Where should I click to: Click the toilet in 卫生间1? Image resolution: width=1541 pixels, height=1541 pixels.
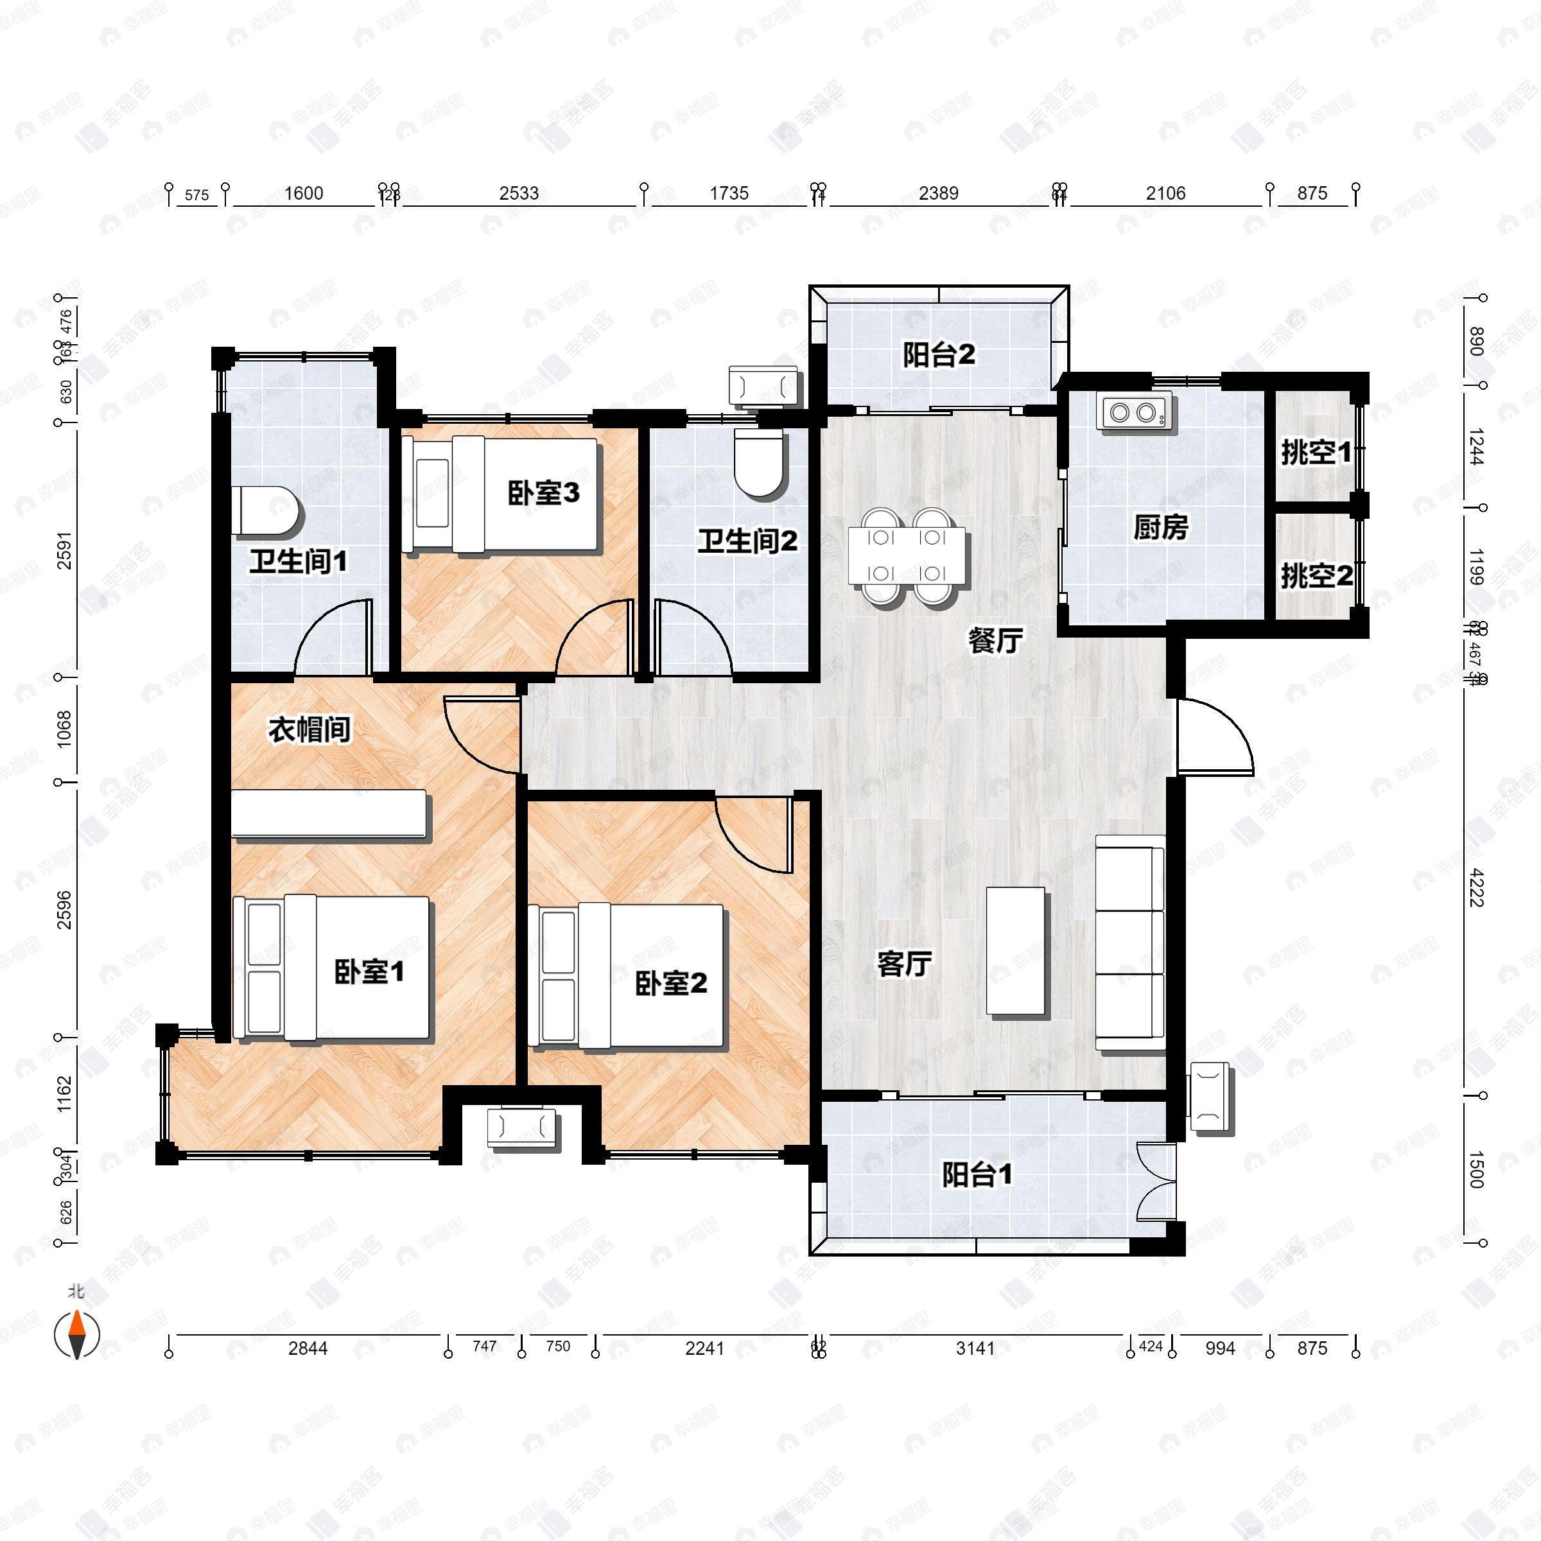[x=267, y=511]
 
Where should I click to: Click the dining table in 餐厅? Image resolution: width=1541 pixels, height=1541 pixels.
[x=907, y=556]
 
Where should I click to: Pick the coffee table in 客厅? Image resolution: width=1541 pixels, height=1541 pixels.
[x=1015, y=952]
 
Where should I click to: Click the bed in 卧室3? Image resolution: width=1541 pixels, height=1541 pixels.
[x=500, y=494]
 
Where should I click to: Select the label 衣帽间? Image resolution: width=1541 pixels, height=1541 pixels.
[x=309, y=729]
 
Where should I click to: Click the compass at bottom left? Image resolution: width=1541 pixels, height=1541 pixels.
[x=76, y=1336]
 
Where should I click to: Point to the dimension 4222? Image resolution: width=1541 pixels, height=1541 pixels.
[x=1475, y=899]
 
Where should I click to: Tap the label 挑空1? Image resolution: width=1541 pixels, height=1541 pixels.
[x=1316, y=453]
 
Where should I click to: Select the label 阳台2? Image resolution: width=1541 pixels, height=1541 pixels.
[x=939, y=355]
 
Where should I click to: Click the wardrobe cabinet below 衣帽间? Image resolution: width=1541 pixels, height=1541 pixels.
[x=329, y=814]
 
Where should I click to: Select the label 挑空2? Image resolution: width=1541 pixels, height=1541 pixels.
[x=1316, y=576]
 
